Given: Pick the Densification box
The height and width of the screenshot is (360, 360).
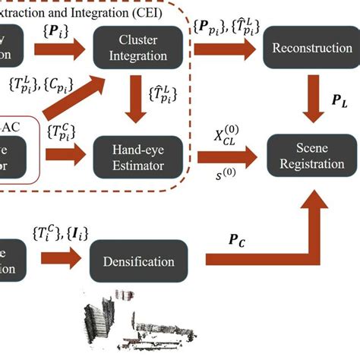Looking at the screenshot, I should pyautogui.click(x=139, y=262).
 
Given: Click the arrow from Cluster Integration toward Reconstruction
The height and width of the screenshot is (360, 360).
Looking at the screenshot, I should pyautogui.click(x=223, y=49).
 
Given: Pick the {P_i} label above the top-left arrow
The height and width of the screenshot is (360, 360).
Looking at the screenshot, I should pyautogui.click(x=57, y=32).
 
